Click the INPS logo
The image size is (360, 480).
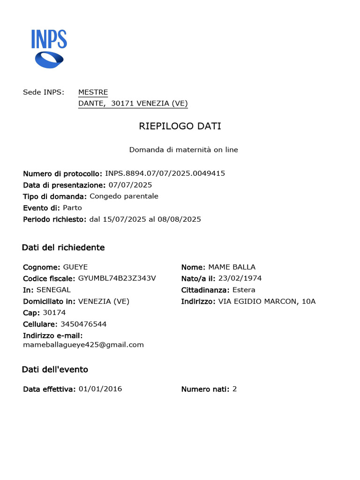pyautogui.click(x=49, y=48)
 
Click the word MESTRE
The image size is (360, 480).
pyautogui.click(x=93, y=92)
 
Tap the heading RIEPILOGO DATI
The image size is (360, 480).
pyautogui.click(x=180, y=126)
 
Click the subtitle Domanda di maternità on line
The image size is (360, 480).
pyautogui.click(x=183, y=150)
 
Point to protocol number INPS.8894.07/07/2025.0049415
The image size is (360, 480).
pyautogui.click(x=165, y=173)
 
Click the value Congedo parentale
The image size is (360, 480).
pyautogui.click(x=124, y=196)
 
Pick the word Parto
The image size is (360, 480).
pyautogui.click(x=72, y=208)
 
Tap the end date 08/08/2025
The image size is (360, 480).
pyautogui.click(x=180, y=219)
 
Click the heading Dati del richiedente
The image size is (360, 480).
pyautogui.click(x=63, y=247)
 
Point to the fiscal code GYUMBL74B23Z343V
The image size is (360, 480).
pyautogui.click(x=117, y=278)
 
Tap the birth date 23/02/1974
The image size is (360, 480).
pyautogui.click(x=240, y=278)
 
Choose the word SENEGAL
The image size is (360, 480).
pyautogui.click(x=53, y=290)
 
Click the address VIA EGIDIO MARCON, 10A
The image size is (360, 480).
pyautogui.click(x=267, y=301)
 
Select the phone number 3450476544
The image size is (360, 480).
pyautogui.click(x=83, y=324)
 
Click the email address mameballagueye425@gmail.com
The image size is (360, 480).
pyautogui.click(x=83, y=345)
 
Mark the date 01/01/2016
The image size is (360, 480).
pyautogui.click(x=100, y=389)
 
